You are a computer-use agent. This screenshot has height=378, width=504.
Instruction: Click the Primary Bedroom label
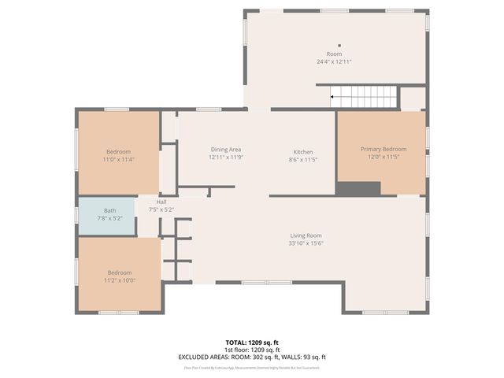384,149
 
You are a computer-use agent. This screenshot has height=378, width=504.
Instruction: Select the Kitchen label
303,152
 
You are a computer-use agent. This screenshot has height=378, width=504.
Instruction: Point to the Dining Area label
225,150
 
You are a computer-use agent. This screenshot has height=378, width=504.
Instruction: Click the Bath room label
109,210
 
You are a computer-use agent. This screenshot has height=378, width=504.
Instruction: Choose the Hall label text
161,202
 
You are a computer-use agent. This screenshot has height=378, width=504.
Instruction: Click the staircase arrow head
333,97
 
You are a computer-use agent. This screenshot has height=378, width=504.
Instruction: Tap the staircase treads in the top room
365,97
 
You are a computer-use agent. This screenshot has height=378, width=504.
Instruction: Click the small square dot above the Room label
339,46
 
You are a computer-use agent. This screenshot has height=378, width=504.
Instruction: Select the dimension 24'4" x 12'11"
334,61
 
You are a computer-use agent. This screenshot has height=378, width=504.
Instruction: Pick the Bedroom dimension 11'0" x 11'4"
119,159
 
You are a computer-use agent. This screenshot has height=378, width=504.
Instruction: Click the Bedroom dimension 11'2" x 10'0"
119,280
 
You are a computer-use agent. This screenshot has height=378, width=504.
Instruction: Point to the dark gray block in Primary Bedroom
358,188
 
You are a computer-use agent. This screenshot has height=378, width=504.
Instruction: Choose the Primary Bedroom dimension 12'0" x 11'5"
384,157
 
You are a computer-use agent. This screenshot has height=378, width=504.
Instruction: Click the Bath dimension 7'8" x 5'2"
109,217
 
